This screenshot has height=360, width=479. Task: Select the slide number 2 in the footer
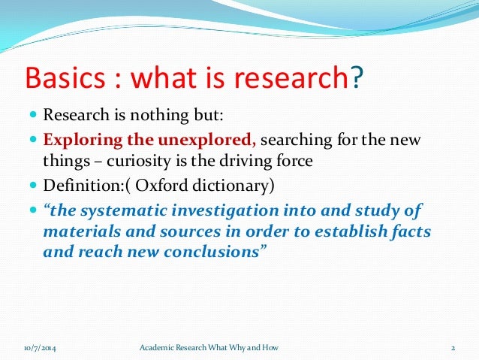453,348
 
